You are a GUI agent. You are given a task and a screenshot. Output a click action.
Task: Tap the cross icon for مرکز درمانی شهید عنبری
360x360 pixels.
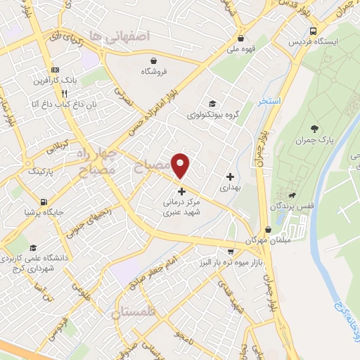tap(181, 191)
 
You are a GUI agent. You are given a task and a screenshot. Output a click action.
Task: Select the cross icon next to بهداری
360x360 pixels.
tap(230, 176)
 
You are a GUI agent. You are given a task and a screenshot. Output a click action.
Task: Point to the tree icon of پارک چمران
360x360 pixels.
tap(313, 128)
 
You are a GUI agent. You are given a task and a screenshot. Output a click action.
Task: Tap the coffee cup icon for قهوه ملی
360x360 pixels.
tap(242, 39)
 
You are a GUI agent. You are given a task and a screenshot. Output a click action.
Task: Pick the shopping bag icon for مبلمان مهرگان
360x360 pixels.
tap(268, 230)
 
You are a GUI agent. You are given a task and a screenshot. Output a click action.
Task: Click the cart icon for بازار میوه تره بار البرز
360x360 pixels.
tap(230, 251)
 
